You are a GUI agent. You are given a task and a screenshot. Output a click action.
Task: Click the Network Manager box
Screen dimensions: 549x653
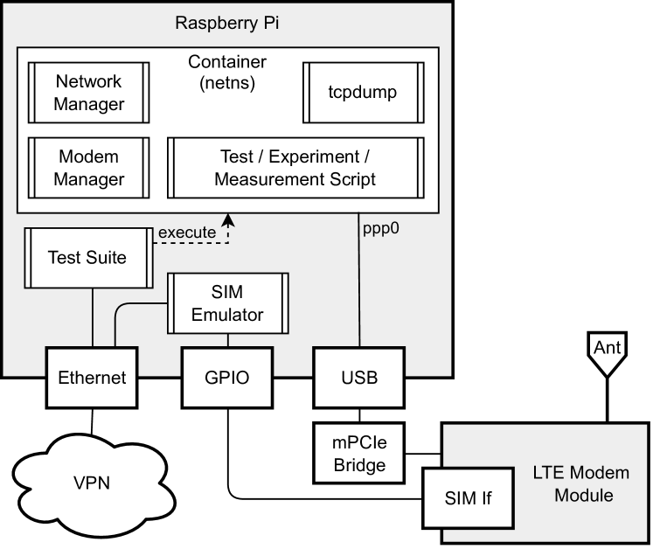pyautogui.click(x=88, y=93)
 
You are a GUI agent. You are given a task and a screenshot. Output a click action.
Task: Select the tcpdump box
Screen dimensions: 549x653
pyautogui.click(x=364, y=93)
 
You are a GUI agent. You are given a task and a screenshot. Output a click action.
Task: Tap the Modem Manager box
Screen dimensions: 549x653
pyautogui.click(x=88, y=169)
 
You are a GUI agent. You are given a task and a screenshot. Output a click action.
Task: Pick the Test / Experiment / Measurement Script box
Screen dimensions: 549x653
pyautogui.click(x=295, y=169)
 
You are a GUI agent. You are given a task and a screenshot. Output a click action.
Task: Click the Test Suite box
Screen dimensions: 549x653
pyautogui.click(x=87, y=257)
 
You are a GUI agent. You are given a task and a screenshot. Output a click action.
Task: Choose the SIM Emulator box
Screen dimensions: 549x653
pyautogui.click(x=227, y=302)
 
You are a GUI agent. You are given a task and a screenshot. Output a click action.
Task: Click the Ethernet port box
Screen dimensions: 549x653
pyautogui.click(x=92, y=379)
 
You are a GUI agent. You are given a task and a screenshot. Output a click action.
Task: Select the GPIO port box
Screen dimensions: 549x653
pyautogui.click(x=226, y=379)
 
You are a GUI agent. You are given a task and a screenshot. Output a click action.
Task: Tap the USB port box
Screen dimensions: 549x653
pyautogui.click(x=358, y=379)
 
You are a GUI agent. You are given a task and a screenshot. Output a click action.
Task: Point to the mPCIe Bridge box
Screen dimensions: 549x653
pyautogui.click(x=359, y=453)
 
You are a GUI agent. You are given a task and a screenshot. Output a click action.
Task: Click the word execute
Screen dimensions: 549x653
pyautogui.click(x=186, y=233)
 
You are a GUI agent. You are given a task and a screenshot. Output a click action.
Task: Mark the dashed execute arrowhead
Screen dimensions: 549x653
pyautogui.click(x=228, y=219)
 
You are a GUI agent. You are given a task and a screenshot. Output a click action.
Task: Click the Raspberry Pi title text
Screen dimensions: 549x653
pyautogui.click(x=227, y=22)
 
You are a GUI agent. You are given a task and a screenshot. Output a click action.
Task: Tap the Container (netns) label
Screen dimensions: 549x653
pyautogui.click(x=227, y=73)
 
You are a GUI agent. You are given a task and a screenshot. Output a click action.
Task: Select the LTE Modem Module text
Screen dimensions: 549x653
pyautogui.click(x=580, y=484)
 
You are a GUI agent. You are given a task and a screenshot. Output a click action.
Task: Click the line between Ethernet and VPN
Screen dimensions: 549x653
pyautogui.click(x=91, y=420)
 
